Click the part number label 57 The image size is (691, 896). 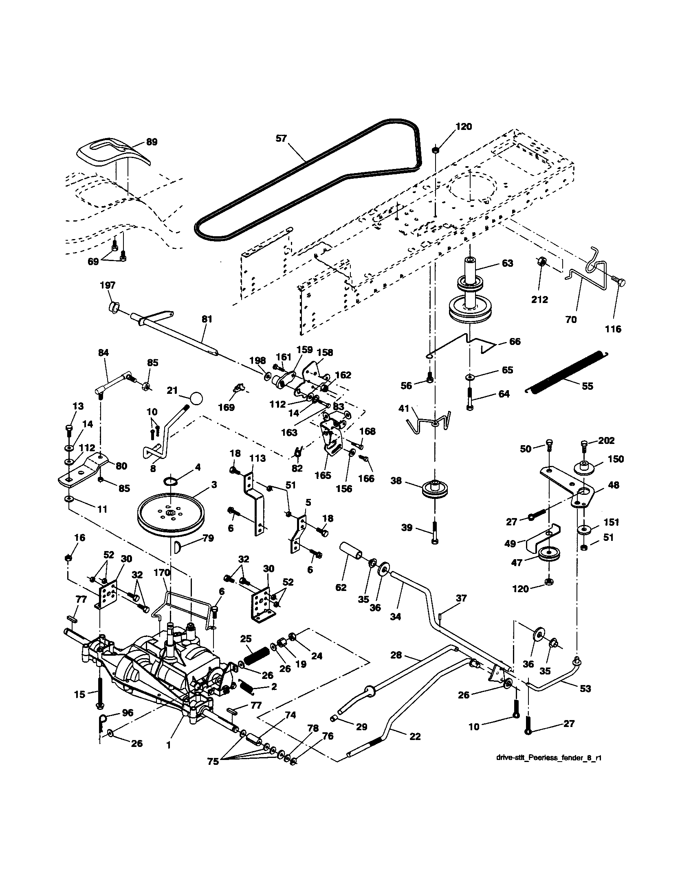point(281,138)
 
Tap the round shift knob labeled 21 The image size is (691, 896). point(196,398)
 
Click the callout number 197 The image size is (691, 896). point(108,285)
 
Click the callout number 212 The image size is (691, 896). point(539,300)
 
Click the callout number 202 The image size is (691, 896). point(607,441)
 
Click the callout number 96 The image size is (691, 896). point(128,713)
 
